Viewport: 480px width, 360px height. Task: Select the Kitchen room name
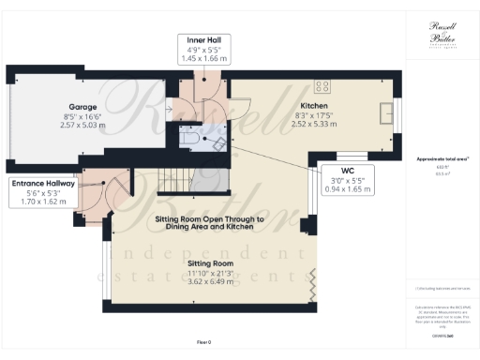click(x=314, y=106)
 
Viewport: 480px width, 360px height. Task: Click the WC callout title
click(x=347, y=171)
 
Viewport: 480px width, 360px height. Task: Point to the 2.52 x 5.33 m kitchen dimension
click(x=314, y=124)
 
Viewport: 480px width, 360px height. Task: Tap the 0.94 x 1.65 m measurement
click(x=347, y=187)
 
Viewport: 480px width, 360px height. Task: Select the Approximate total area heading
click(x=441, y=160)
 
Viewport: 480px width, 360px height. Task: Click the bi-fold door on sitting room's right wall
click(x=312, y=278)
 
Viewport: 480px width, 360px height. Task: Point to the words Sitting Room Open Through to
click(x=209, y=219)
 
